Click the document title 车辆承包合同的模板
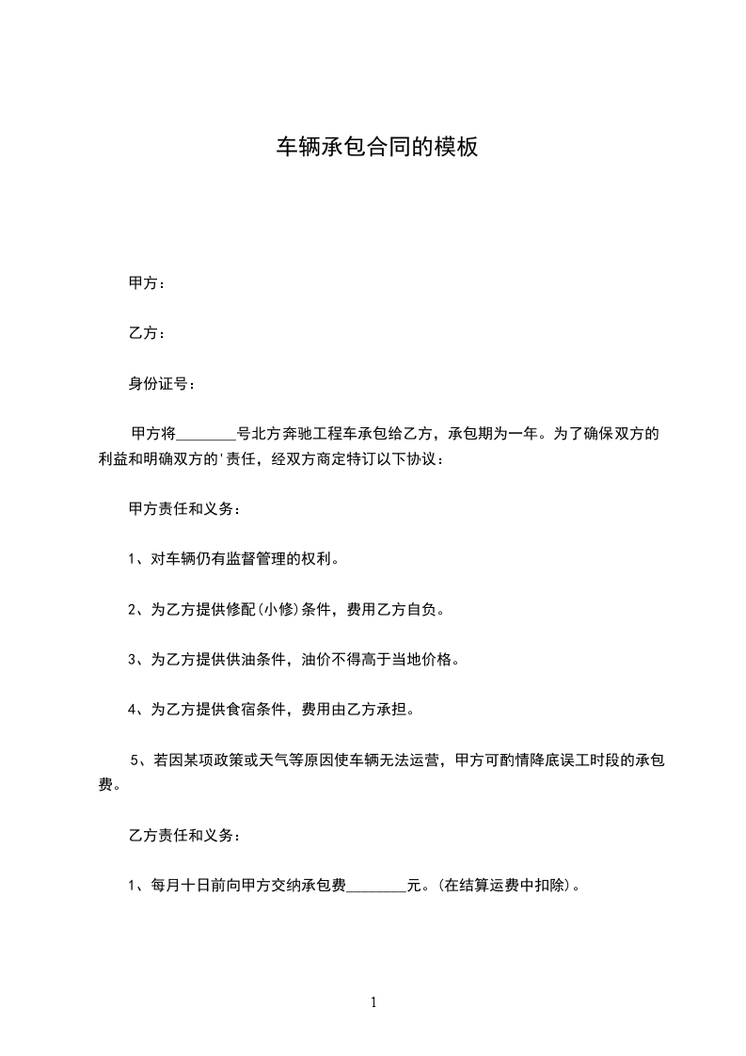click(376, 147)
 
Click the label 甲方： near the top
click(148, 282)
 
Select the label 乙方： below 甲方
click(148, 333)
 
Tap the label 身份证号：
click(163, 384)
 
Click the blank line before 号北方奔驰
click(207, 435)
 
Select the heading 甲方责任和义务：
click(184, 508)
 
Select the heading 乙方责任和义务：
click(184, 835)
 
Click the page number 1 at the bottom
click(373, 1003)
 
